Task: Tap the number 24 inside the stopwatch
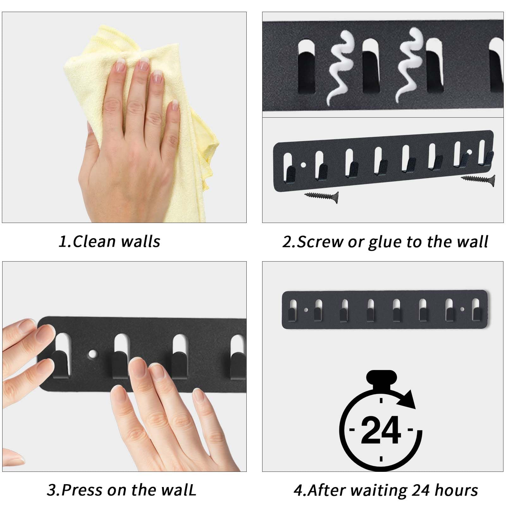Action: coord(381,430)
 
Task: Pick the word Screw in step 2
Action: coord(320,242)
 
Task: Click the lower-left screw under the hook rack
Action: coord(321,197)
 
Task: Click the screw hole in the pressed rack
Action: coord(93,353)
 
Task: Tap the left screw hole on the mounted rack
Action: coord(305,310)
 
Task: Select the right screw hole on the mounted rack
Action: coord(462,309)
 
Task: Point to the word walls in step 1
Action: coord(141,241)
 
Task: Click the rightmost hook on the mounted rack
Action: coord(475,313)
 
